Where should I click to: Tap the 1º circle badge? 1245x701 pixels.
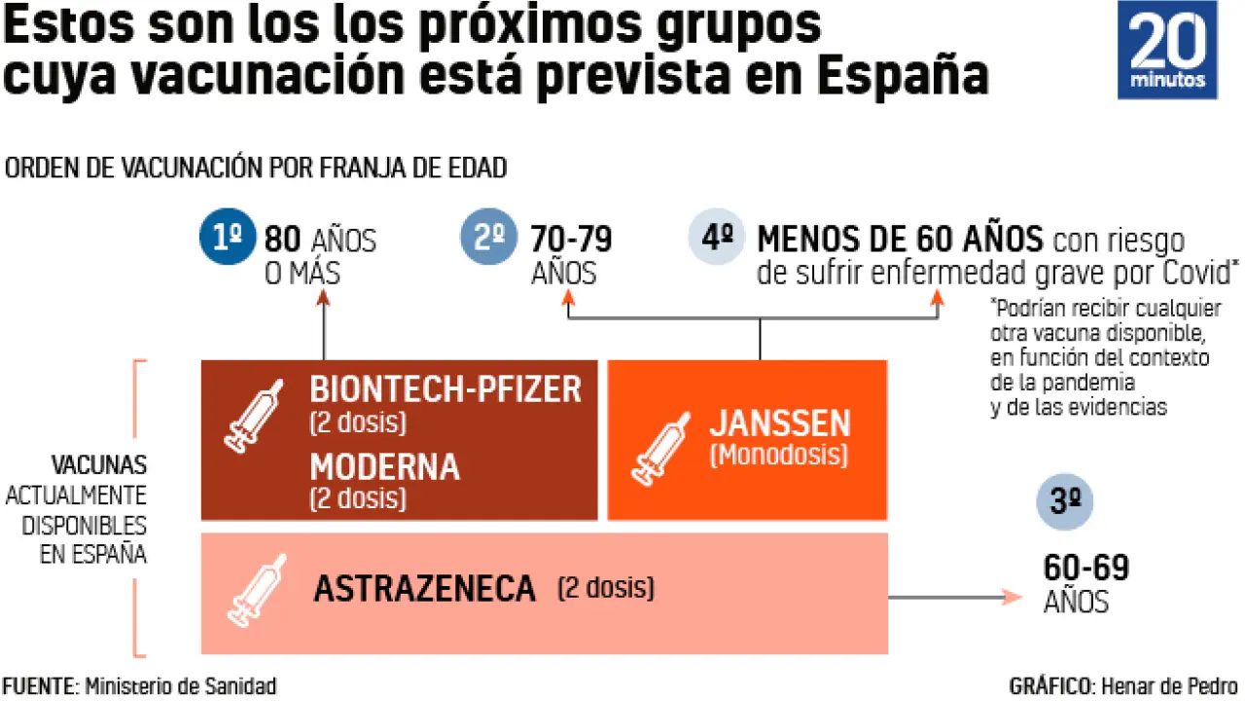point(226,240)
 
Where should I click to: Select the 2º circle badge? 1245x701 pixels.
point(490,240)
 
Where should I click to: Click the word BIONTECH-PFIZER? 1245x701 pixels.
point(445,389)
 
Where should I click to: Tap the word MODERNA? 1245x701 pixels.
point(384,466)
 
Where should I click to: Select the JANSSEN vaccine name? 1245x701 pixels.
point(779,424)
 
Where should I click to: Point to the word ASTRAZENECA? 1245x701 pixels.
point(424,588)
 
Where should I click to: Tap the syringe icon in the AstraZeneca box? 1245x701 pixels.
point(256,589)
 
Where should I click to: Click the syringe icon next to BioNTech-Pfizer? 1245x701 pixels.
point(254,416)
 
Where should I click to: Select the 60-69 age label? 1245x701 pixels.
point(1085,569)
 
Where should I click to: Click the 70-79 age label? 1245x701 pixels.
point(571,240)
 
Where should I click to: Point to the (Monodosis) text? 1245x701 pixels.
point(778,455)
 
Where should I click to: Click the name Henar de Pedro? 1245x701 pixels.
point(1168,686)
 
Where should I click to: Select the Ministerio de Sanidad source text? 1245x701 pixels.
point(181,686)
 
